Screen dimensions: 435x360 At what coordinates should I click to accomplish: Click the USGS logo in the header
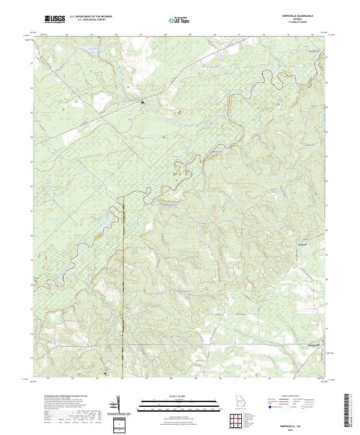pos(55,20)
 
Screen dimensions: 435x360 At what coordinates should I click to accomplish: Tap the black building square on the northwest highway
pos(142,103)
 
